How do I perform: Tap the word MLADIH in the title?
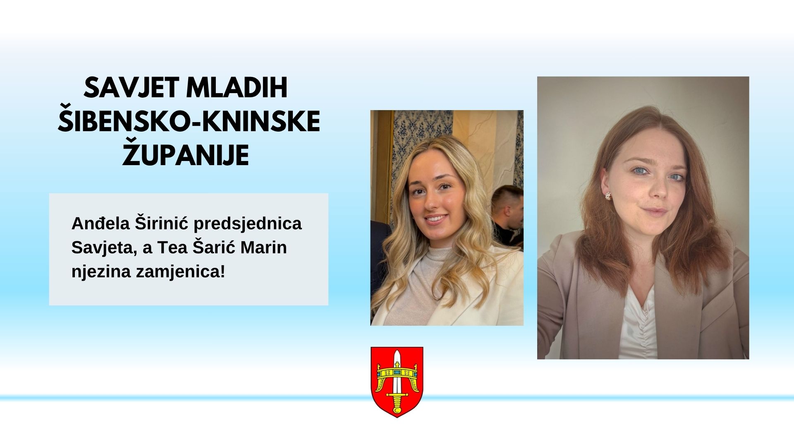237,88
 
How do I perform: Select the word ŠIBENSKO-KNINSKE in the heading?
189,121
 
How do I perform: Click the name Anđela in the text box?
101,223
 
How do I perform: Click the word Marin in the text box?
264,248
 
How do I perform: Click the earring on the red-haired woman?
608,195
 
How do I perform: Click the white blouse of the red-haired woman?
638,323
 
